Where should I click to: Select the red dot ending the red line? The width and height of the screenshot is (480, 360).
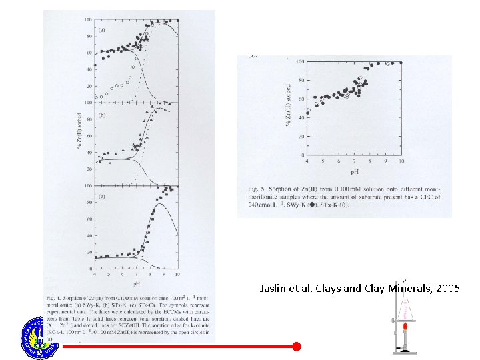(297, 346)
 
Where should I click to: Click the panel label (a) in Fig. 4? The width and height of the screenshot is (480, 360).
(102, 30)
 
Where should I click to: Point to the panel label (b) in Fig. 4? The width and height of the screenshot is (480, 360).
(102, 115)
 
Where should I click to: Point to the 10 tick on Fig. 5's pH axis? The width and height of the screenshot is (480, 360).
(401, 162)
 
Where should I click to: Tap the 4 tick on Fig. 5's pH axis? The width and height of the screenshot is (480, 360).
(307, 162)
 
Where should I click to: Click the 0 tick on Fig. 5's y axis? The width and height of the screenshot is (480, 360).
(301, 155)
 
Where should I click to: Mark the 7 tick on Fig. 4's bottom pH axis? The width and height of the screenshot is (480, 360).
(135, 274)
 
